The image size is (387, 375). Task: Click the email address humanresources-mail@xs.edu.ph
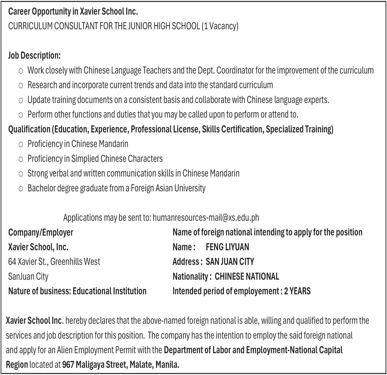pos(206,218)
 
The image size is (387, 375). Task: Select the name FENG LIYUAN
pos(227,247)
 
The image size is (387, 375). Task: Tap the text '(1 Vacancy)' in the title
pos(220,26)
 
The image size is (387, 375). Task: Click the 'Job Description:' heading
pos(34,56)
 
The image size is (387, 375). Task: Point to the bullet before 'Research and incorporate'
pos(21,85)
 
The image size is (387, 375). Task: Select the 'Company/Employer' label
pos(41,232)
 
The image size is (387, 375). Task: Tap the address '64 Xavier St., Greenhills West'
pos(54,262)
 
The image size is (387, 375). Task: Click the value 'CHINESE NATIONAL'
pos(247,277)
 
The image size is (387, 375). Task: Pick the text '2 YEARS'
pos(297,291)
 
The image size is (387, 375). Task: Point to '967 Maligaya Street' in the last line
pos(94,365)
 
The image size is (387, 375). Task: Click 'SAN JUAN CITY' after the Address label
pos(230,262)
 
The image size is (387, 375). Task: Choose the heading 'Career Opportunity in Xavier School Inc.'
pos(73,11)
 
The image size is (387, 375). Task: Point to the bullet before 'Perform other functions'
pos(21,115)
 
